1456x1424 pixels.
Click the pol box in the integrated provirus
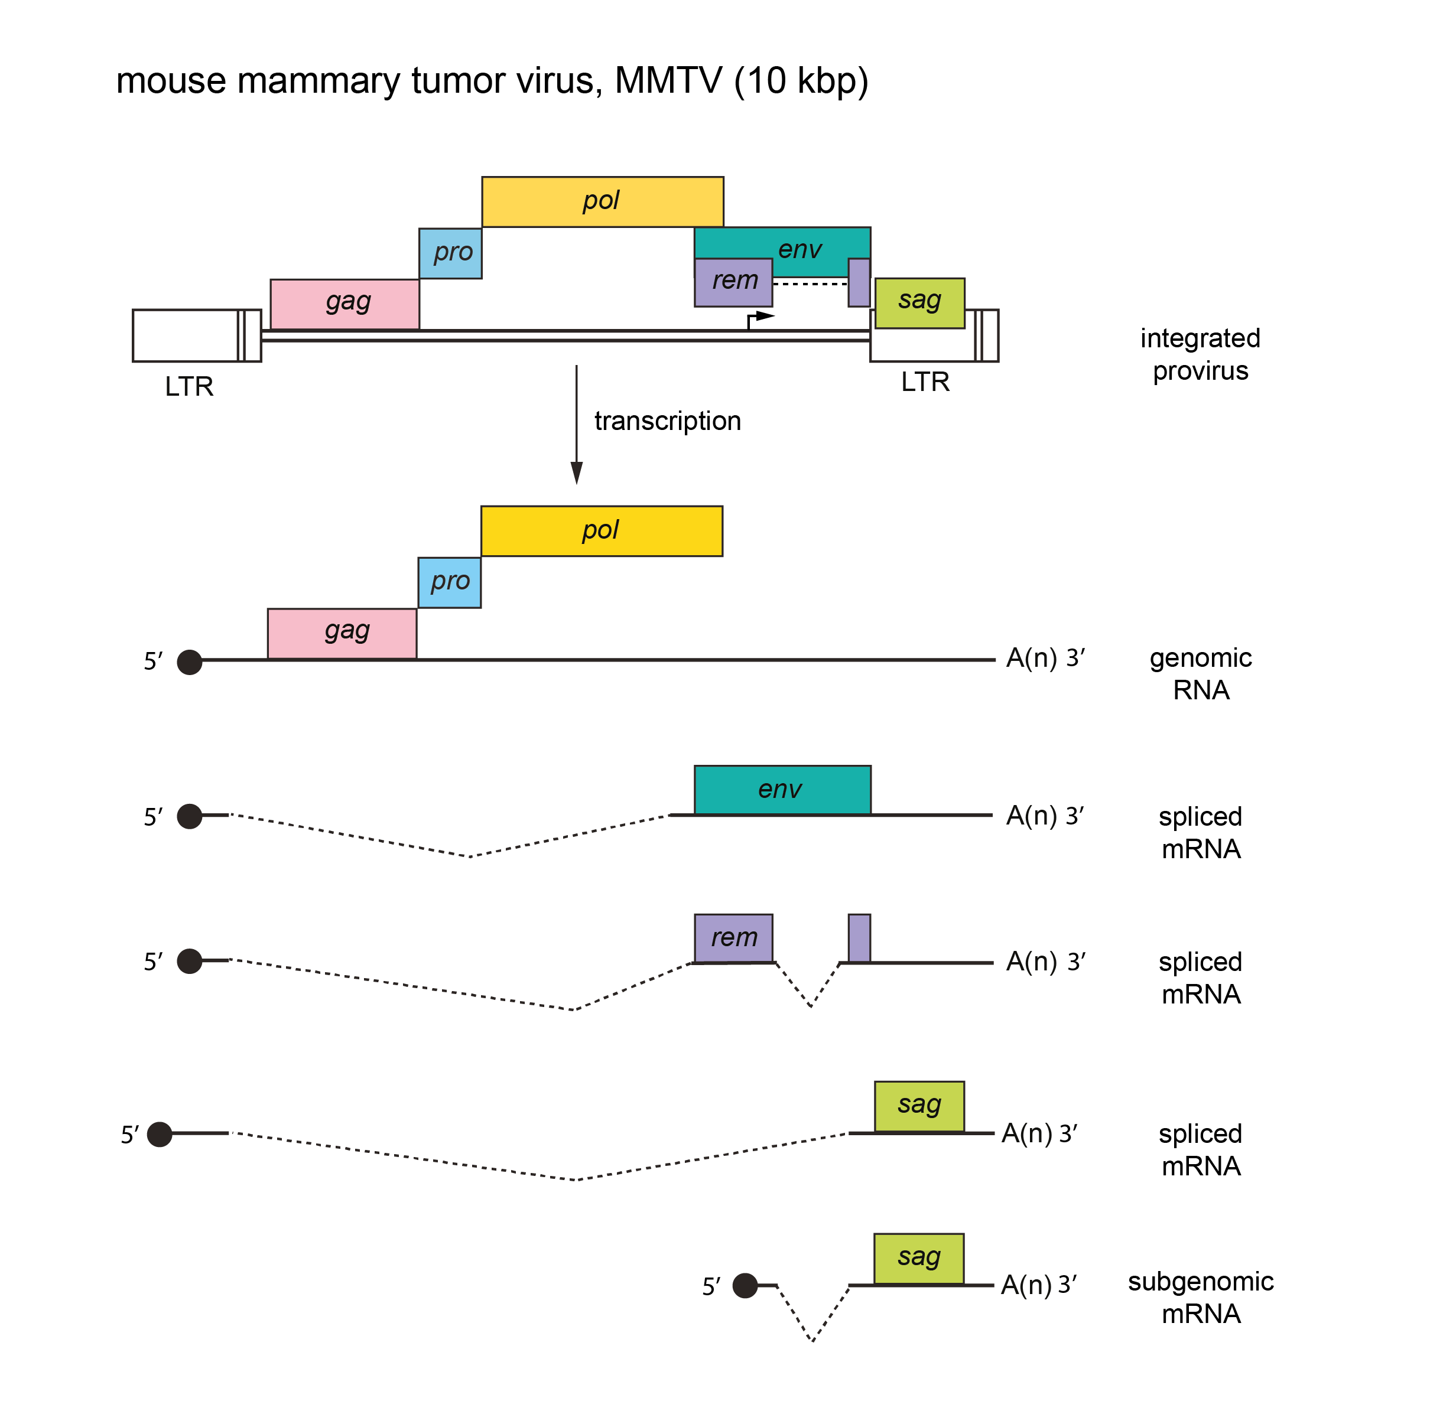[x=602, y=201]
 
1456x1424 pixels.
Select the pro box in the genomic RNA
[x=449, y=582]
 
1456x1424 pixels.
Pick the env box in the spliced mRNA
[x=782, y=790]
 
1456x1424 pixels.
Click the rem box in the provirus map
[x=733, y=282]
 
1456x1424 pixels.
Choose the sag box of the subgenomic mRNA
[x=918, y=1259]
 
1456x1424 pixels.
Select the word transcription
[x=667, y=421]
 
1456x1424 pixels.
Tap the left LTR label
[x=189, y=387]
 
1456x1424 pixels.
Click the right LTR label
[x=925, y=382]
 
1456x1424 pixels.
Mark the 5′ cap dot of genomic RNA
[x=189, y=662]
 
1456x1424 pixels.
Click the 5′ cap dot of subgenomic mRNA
[x=745, y=1286]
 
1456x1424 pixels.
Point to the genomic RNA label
[x=1200, y=673]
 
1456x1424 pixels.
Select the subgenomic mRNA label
[x=1200, y=1297]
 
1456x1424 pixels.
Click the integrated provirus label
[x=1200, y=354]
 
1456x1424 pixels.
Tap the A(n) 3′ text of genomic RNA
[x=1045, y=658]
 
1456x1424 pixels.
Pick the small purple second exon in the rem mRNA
[x=859, y=938]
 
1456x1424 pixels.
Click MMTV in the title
[x=668, y=81]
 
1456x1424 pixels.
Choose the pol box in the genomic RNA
[x=601, y=531]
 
